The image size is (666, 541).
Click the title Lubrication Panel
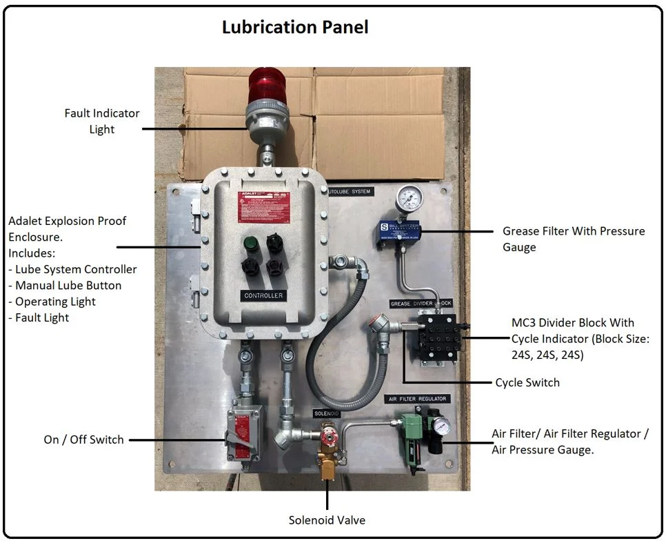coord(295,27)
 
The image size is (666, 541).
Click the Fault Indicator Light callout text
coord(102,121)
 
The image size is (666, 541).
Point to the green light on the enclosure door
coord(250,244)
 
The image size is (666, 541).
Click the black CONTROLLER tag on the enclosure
coord(263,295)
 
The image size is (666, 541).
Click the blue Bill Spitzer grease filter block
coord(399,229)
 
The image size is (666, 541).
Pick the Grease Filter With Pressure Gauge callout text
coord(574,239)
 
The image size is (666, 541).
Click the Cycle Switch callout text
coord(527,382)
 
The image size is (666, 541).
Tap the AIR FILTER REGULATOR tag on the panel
coord(418,399)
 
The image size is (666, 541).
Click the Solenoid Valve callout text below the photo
coord(327,520)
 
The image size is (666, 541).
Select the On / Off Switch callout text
coord(83,440)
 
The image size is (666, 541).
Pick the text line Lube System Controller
coord(76,270)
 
